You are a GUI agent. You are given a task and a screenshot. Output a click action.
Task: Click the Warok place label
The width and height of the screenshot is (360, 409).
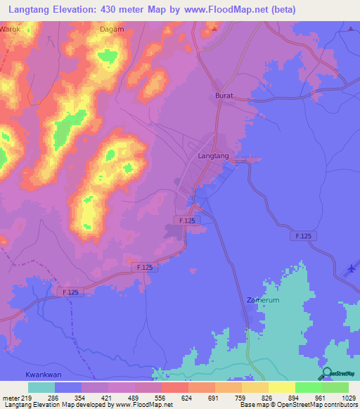(10, 30)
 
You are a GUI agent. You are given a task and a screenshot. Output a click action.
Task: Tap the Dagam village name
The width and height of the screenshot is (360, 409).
(112, 30)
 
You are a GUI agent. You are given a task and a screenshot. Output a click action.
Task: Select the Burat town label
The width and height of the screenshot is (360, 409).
(224, 94)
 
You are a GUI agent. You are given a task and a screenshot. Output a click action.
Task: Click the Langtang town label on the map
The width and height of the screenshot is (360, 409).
(214, 156)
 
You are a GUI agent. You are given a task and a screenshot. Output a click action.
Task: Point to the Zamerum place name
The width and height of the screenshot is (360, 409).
(263, 299)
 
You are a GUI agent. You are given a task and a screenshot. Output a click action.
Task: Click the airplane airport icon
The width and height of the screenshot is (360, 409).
(352, 269)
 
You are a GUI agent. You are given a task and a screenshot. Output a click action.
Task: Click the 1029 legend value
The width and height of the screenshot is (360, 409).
(349, 397)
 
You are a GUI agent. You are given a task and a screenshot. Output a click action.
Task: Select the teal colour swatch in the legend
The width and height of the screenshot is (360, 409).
(41, 387)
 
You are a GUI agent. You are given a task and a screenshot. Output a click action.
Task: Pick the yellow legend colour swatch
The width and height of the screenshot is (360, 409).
(282, 387)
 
